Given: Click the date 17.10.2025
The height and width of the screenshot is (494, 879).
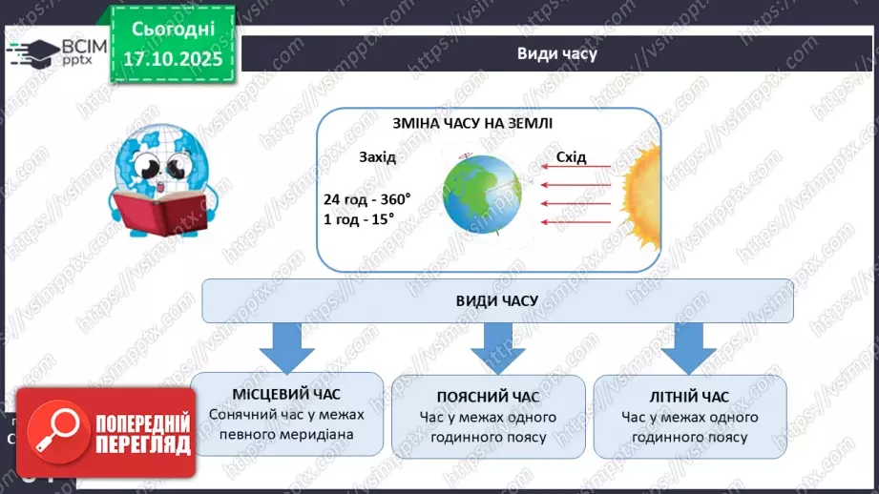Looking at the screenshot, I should tap(172, 58).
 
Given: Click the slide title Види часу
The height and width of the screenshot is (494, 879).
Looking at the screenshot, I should tap(556, 53).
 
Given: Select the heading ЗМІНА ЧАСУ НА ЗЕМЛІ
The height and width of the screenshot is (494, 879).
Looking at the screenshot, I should tap(472, 124).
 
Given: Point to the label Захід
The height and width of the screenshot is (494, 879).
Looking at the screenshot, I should tap(377, 156).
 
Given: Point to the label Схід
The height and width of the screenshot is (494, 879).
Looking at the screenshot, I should tap(571, 156).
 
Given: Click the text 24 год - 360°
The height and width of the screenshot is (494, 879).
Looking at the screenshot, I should tap(366, 199).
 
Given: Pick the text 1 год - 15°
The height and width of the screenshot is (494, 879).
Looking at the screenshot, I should tap(359, 218).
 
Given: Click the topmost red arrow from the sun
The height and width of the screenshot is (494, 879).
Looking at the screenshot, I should tap(576, 168).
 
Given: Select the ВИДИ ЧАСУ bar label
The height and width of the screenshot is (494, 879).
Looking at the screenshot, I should tap(497, 300).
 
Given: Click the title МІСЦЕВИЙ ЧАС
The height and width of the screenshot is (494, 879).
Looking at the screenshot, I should tap(286, 394).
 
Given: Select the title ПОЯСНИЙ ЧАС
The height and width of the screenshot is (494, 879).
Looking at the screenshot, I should tap(488, 397).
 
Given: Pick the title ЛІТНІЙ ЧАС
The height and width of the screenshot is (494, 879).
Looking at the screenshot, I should tap(689, 397).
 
